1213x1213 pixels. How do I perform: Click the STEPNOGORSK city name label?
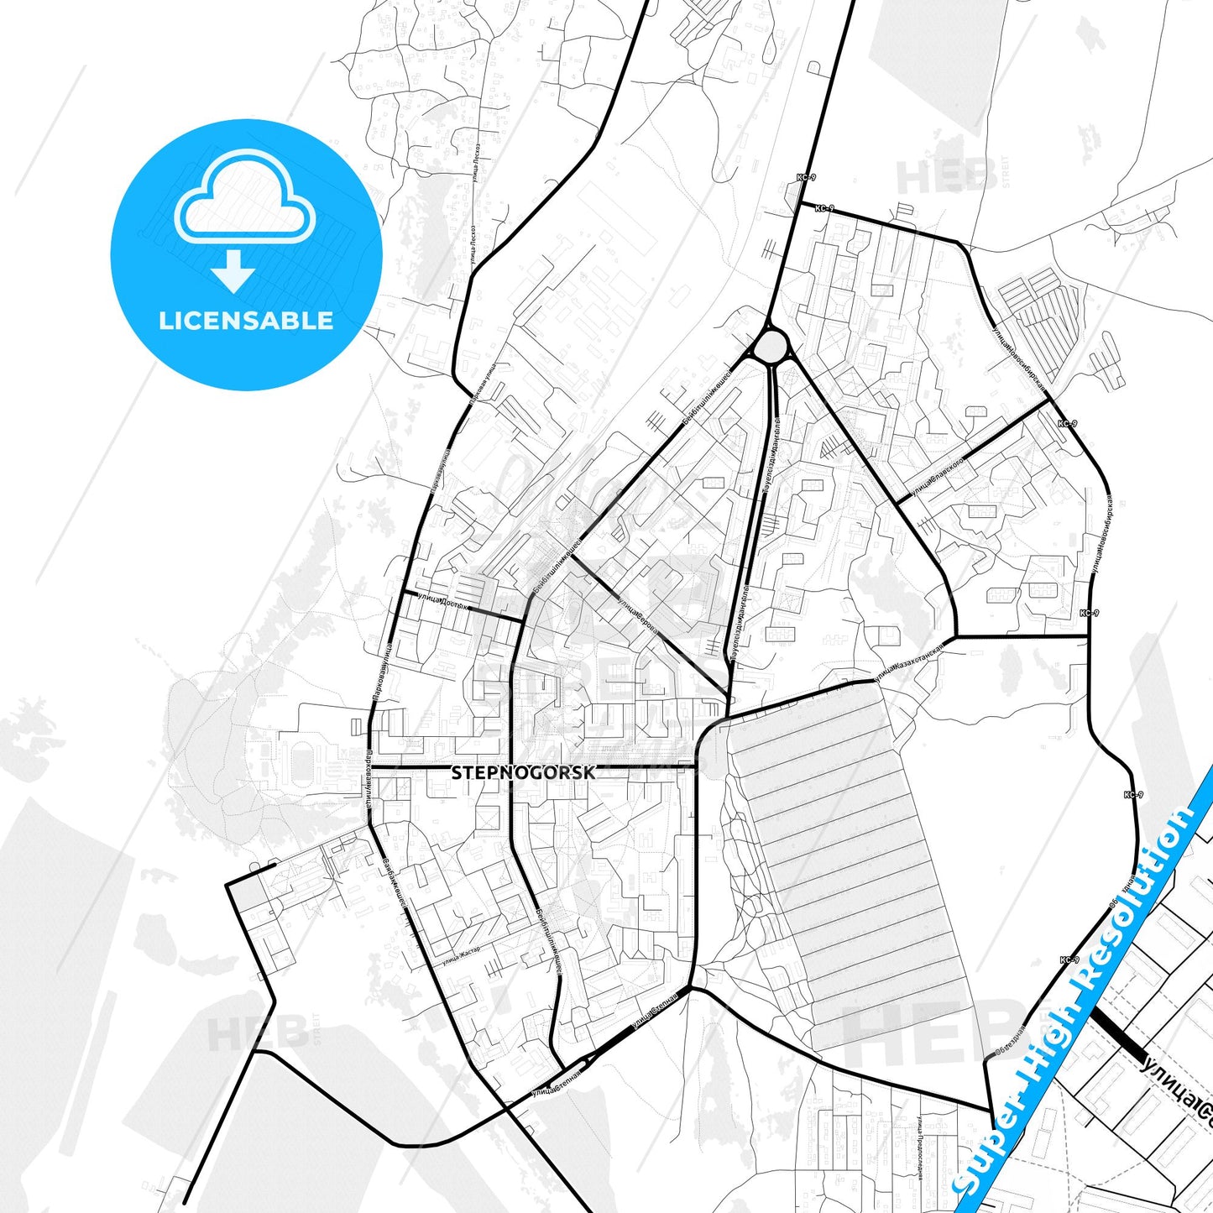coord(524,772)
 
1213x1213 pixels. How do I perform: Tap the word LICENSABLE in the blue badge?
coord(246,321)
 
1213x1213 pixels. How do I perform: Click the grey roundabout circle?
coord(771,346)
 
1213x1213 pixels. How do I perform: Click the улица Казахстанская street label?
coord(908,661)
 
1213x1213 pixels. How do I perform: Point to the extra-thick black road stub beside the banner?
coord(1118,1033)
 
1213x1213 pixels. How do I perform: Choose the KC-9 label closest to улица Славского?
coord(1067,424)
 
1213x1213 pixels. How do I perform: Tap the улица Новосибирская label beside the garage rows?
coord(1017,358)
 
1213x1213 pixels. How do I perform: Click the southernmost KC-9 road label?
coord(1069,959)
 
